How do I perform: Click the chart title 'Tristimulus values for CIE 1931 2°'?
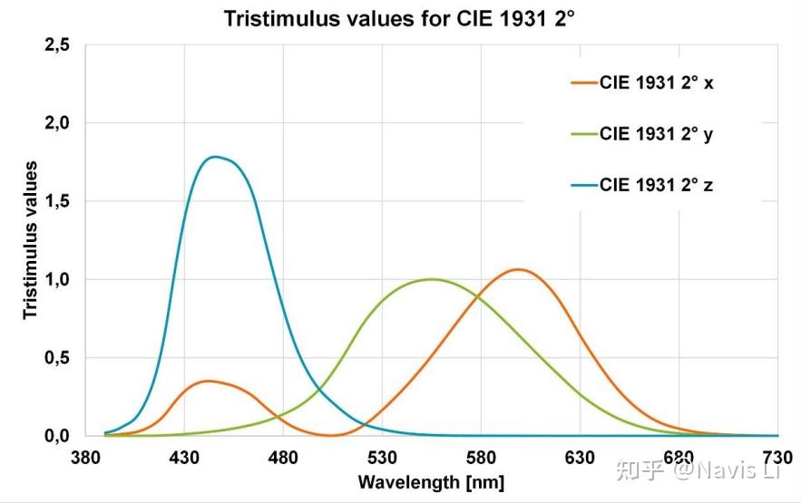point(400,17)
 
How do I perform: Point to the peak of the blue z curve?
point(215,157)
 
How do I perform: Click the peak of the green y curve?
point(431,279)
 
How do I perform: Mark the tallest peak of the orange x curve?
point(518,269)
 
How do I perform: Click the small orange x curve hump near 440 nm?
point(209,381)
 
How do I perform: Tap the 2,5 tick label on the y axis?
point(57,44)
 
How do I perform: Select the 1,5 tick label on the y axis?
point(57,201)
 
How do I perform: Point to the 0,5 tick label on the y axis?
point(57,358)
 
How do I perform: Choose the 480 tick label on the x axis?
point(283,457)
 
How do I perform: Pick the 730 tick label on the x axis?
point(777,457)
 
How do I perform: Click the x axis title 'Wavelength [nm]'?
point(431,481)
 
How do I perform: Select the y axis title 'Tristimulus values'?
point(30,239)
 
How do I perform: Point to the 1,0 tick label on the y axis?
point(57,279)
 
